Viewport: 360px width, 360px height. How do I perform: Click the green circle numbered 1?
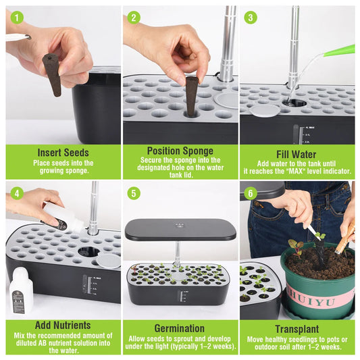17,18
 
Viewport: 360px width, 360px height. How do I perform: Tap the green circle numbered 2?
134,18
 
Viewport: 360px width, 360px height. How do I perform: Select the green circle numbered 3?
251,18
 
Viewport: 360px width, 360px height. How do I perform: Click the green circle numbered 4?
17,193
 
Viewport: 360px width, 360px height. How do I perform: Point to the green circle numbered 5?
134,193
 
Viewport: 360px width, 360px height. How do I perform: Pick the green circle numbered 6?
251,193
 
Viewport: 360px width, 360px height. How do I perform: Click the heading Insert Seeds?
63,153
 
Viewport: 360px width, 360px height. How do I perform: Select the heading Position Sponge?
180,150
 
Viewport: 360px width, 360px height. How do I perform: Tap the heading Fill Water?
297,153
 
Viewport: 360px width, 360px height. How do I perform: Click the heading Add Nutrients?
63,326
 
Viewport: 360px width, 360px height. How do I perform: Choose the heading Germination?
180,328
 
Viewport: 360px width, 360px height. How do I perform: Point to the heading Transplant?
297,329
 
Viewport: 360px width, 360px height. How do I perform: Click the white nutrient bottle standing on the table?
20,292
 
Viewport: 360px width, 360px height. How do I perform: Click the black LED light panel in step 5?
180,230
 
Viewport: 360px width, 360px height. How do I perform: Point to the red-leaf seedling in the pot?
296,245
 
